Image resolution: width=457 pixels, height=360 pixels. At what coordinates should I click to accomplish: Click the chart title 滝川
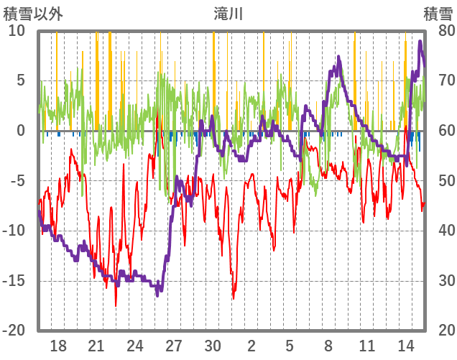[x=228, y=13]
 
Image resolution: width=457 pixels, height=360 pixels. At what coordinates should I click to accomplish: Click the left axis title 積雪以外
[x=32, y=13]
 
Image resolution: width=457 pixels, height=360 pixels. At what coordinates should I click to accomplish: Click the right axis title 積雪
[x=438, y=13]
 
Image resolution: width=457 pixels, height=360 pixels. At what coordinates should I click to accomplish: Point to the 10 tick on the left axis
[x=17, y=30]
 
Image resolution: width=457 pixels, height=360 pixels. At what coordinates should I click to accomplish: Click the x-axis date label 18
[x=58, y=346]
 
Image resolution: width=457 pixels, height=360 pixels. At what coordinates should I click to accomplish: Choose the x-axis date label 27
[x=174, y=346]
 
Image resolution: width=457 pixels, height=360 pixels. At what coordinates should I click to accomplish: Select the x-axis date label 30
[x=213, y=346]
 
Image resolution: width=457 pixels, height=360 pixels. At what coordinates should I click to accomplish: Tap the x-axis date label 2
[x=251, y=346]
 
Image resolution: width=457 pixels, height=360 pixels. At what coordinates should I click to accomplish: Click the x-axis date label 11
[x=367, y=346]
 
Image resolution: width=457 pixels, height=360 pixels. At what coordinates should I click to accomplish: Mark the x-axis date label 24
[x=135, y=346]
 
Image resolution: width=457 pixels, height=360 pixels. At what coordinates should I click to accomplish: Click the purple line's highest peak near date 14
[x=420, y=42]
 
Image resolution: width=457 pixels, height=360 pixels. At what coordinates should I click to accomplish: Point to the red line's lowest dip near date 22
[x=116, y=305]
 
